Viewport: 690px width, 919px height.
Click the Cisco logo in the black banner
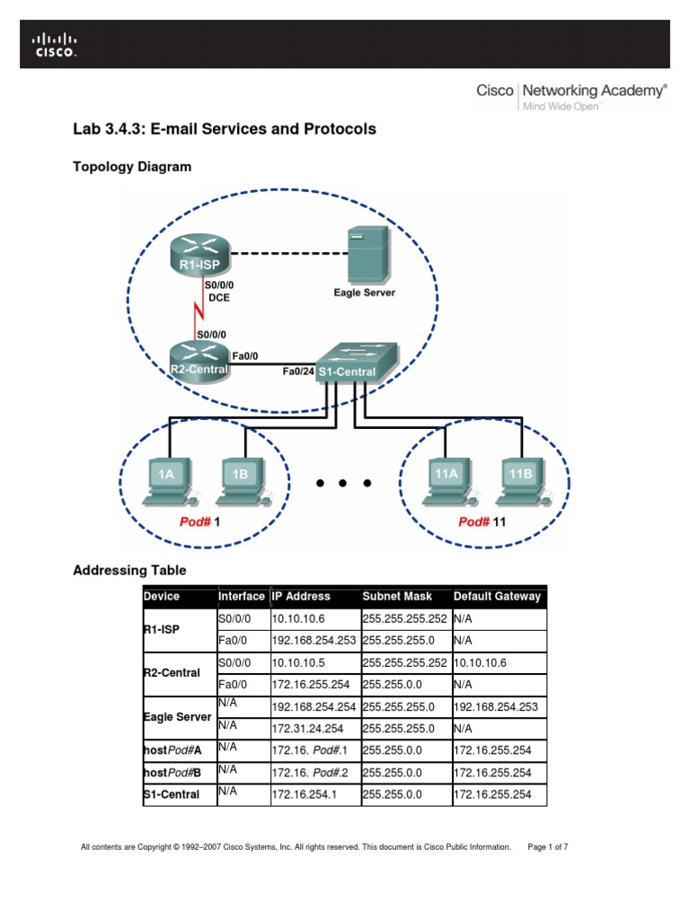(55, 44)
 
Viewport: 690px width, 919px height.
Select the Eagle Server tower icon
(368, 253)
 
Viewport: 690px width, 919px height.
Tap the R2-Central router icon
(199, 360)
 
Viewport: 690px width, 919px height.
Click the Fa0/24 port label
(298, 369)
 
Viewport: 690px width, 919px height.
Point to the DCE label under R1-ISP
(219, 297)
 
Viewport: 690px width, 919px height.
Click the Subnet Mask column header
(397, 596)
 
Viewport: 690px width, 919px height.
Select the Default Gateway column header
(498, 596)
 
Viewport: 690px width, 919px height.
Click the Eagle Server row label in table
(177, 717)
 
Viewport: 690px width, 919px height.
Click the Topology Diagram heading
(131, 166)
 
